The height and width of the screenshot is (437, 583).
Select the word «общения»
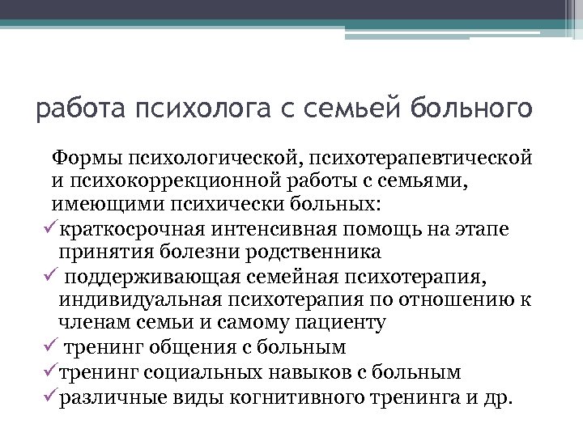tap(197, 347)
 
